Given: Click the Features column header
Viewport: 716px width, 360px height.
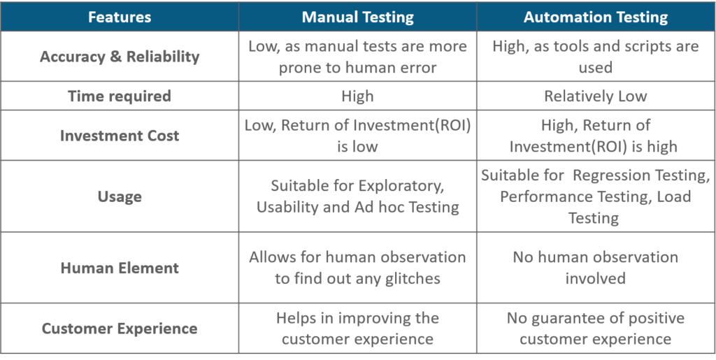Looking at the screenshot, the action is [120, 17].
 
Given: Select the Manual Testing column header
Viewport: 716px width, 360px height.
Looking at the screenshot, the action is [357, 17].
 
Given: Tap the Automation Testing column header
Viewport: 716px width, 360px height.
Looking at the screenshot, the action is [596, 17].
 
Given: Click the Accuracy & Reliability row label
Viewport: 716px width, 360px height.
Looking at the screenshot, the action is [120, 57].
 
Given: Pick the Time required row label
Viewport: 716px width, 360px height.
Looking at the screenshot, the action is [120, 96].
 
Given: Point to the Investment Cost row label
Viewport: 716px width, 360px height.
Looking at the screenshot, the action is [120, 136].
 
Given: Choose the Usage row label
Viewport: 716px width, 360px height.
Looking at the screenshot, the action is [120, 196].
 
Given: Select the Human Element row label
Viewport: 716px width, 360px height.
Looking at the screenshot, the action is [120, 267].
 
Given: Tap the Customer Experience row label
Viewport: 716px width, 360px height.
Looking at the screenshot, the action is [120, 329].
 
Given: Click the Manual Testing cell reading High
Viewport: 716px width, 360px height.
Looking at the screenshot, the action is [357, 96].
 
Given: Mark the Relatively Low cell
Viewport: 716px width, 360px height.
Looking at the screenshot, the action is [596, 96].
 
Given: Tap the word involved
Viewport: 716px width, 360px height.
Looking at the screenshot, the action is [596, 278].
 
